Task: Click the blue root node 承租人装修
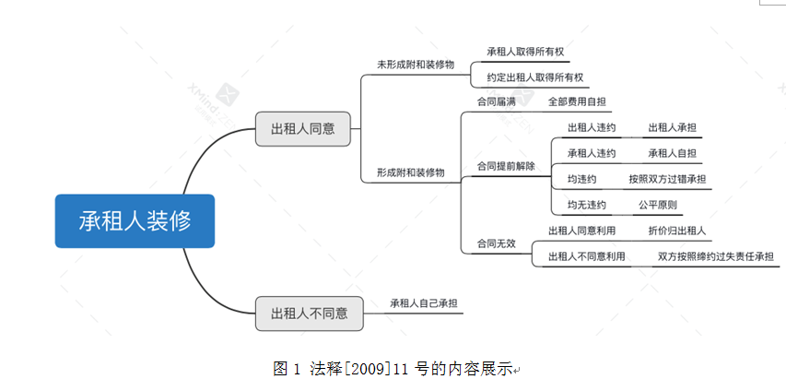[135, 220]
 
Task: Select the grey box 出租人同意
[303, 129]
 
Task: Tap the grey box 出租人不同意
[310, 314]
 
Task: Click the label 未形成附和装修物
[416, 65]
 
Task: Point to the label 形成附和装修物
[411, 172]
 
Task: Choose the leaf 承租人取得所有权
[525, 52]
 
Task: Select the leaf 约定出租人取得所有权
[534, 77]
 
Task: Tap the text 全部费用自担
[577, 101]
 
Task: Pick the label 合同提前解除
[506, 166]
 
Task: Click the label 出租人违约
[592, 128]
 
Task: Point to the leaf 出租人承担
[673, 128]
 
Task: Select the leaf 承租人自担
[673, 154]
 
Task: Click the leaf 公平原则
[658, 205]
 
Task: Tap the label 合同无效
[496, 243]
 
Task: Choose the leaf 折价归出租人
[676, 231]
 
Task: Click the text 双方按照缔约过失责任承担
[716, 256]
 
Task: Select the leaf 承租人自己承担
[424, 303]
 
